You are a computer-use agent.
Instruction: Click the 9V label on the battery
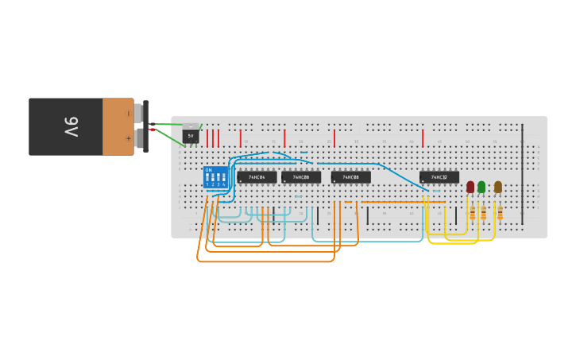71,126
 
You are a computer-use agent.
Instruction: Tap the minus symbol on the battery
129,114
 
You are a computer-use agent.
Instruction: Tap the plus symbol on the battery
129,138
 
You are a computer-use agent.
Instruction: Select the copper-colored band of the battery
118,126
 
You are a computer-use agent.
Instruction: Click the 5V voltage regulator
191,135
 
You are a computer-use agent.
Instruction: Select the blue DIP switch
215,178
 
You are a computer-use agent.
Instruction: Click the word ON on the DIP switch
208,170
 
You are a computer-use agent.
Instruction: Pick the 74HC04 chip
257,177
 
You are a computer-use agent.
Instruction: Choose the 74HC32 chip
439,177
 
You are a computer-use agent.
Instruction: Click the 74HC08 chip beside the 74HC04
301,177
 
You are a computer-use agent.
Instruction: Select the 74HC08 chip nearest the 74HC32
350,177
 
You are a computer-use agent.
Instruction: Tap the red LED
470,187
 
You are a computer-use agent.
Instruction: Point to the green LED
481,187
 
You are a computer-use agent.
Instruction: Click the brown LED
498,187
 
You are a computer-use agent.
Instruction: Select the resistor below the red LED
473,213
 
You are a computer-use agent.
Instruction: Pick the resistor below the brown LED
500,213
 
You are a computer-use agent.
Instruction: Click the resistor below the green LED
483,213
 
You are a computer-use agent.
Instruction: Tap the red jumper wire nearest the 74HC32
423,138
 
